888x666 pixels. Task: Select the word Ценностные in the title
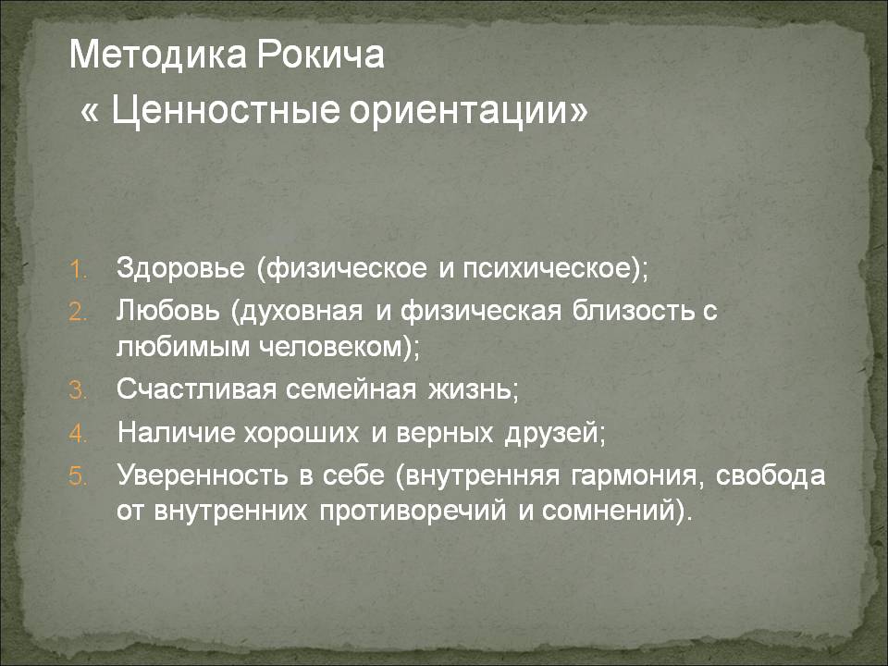[x=226, y=110]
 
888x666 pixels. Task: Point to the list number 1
[x=78, y=269]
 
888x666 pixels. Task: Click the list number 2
[x=78, y=312]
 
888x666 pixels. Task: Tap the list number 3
[x=78, y=390]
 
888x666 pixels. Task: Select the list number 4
[x=78, y=434]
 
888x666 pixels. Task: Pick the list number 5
[x=78, y=476]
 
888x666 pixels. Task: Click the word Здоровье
[x=180, y=268]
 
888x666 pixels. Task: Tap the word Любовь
[x=167, y=311]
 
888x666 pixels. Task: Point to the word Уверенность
[x=203, y=475]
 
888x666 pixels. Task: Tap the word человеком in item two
[x=334, y=346]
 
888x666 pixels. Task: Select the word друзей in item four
[x=551, y=434]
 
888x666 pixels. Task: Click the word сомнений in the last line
[x=609, y=511]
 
